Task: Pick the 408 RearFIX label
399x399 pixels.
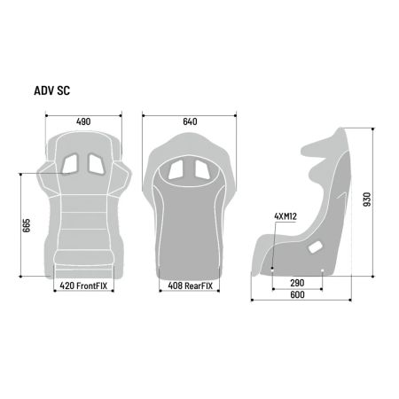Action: (189, 286)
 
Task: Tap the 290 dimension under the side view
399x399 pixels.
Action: (297, 282)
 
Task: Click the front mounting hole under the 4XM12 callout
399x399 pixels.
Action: (273, 264)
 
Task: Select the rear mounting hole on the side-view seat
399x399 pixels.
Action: (321, 264)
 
